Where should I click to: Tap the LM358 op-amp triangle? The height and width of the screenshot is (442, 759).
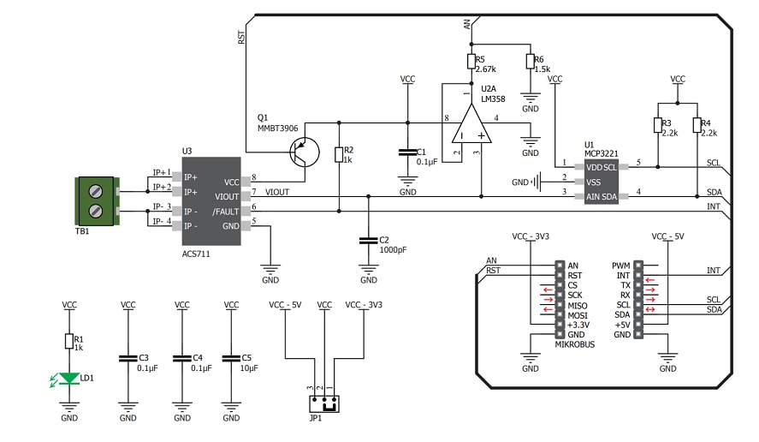(471, 123)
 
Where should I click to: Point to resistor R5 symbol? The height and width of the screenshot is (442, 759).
(470, 61)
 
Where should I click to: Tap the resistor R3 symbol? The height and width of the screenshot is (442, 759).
(657, 126)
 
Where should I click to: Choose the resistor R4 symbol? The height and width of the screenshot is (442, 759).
(697, 126)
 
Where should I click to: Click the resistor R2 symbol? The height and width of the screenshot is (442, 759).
(339, 154)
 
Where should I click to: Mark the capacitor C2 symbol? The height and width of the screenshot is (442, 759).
(368, 241)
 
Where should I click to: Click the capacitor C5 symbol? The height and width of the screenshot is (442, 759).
(231, 359)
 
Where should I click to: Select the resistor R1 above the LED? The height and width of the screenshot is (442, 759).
(69, 341)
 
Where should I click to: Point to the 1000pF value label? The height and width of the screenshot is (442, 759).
(394, 251)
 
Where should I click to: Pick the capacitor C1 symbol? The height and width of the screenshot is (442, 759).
(407, 152)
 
